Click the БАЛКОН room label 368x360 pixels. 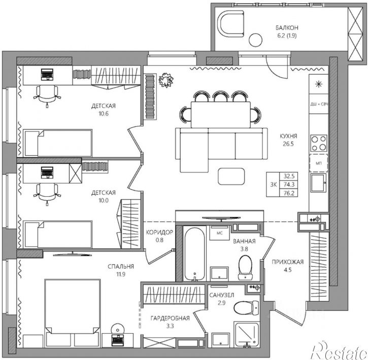point(287,28)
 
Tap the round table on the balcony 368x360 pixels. point(255,40)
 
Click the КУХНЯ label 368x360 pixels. point(288,136)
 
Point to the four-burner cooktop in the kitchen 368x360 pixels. point(319,143)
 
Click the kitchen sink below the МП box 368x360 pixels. point(319,183)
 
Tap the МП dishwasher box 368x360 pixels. point(318,163)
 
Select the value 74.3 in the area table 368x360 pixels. point(289,185)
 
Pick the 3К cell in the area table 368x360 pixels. point(273,185)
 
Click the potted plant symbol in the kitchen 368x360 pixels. point(166,80)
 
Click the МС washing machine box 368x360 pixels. point(219,233)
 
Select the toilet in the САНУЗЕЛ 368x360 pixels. point(246,308)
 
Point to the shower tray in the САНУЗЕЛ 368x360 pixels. point(247,335)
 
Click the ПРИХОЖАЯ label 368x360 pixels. point(288,262)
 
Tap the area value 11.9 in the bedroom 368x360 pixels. point(121,274)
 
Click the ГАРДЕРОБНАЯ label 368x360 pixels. point(170,318)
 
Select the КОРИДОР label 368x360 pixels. point(159,232)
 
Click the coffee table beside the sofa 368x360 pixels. point(231,176)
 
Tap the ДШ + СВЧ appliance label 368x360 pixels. point(319,104)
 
